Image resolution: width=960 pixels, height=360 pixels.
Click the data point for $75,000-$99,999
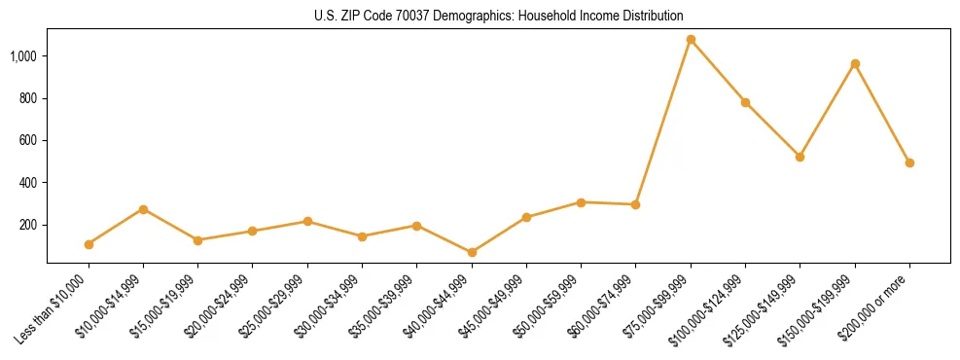(x=691, y=40)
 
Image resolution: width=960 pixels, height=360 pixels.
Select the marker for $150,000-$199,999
(x=855, y=64)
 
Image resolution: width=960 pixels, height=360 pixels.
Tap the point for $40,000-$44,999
(x=472, y=252)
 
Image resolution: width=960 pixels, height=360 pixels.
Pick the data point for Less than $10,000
(x=89, y=244)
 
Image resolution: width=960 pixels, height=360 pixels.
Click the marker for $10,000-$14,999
(x=143, y=209)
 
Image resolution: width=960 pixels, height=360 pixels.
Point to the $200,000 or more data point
(x=909, y=162)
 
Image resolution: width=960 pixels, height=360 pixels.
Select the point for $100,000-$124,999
(x=745, y=102)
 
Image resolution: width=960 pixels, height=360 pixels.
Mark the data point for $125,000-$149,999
(x=800, y=157)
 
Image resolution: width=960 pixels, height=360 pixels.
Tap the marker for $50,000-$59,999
(x=581, y=202)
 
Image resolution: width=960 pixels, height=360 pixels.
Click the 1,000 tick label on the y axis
(x=23, y=56)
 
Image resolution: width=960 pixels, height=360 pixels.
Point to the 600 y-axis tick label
(x=28, y=140)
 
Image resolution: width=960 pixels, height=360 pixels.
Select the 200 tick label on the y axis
(x=28, y=225)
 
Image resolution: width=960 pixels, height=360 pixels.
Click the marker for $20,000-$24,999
(x=253, y=231)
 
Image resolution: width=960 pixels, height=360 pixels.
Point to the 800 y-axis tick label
(x=28, y=98)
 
